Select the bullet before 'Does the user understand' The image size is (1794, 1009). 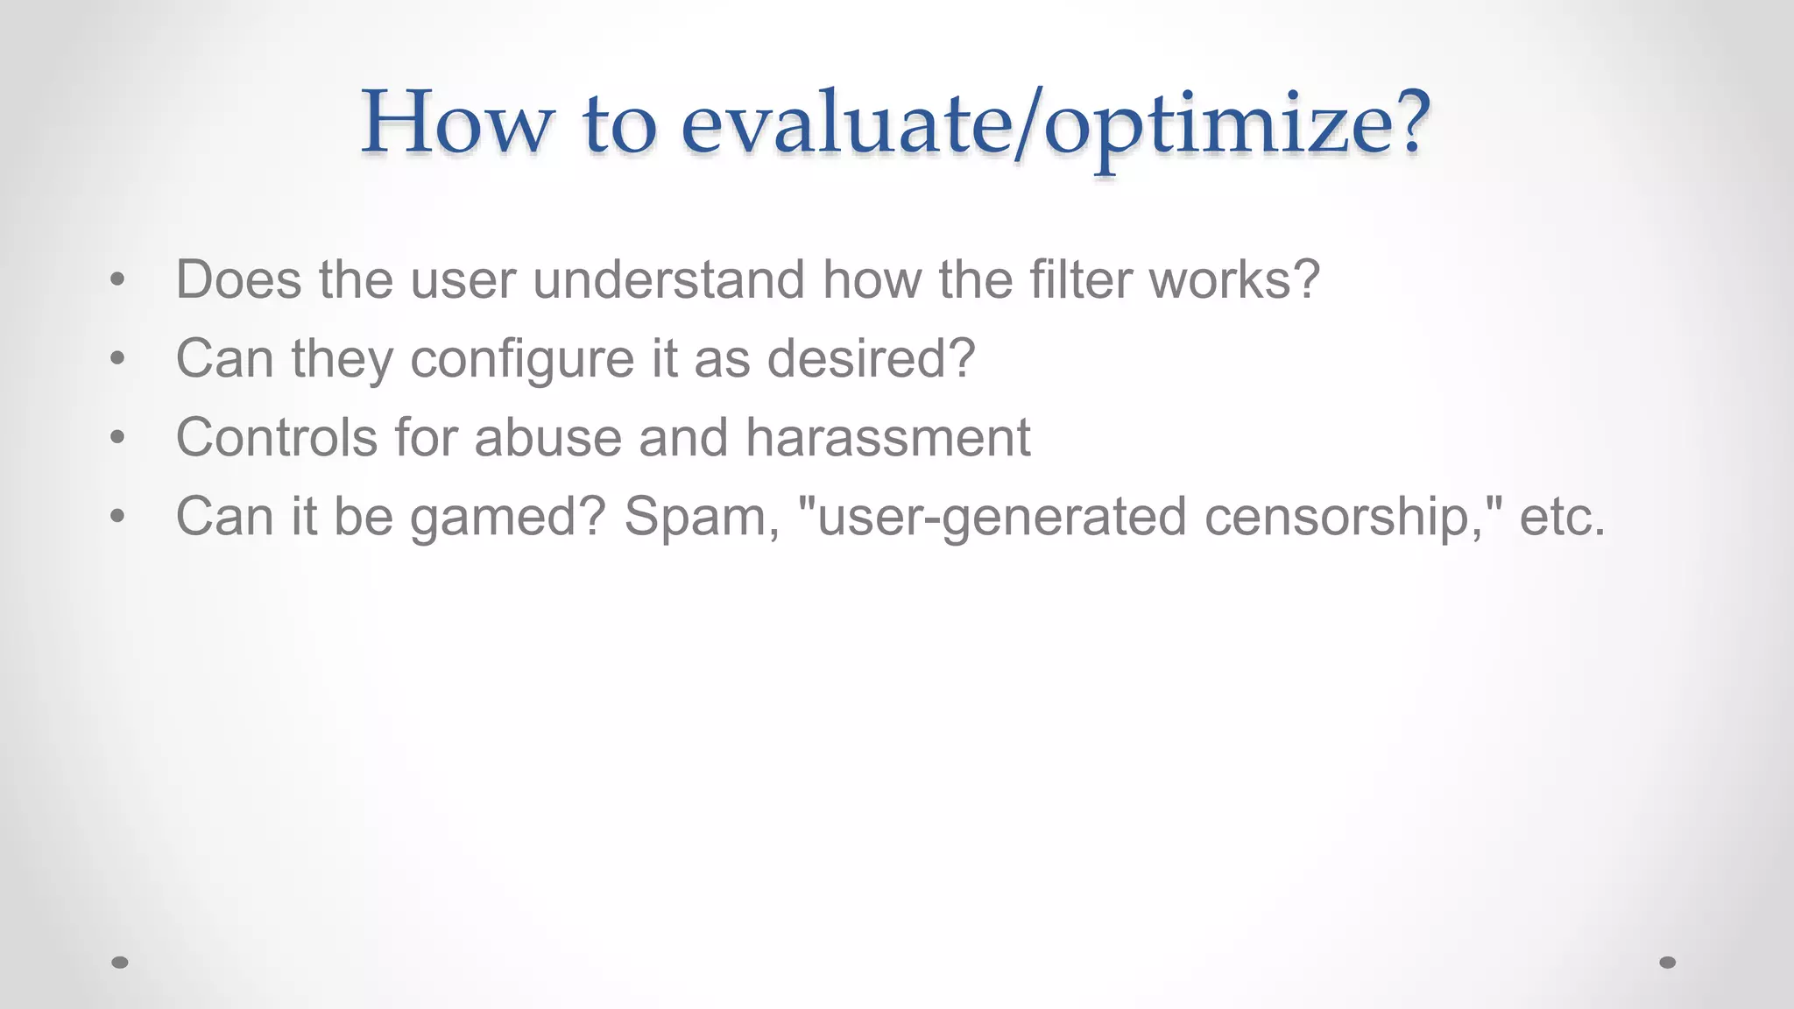click(x=118, y=280)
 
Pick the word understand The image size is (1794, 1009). click(x=668, y=280)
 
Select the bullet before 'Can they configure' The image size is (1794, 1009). click(x=118, y=358)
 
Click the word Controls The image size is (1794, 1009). click(x=276, y=437)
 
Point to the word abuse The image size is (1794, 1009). click(x=547, y=437)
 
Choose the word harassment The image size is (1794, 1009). click(x=887, y=437)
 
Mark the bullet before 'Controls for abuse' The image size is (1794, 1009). click(x=118, y=437)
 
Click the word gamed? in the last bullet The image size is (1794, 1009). click(x=508, y=517)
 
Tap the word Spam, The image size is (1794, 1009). click(x=702, y=516)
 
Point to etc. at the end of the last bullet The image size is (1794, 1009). click(x=1563, y=517)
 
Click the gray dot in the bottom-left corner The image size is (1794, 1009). click(x=120, y=963)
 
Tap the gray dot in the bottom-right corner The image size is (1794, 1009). click(x=1668, y=963)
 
